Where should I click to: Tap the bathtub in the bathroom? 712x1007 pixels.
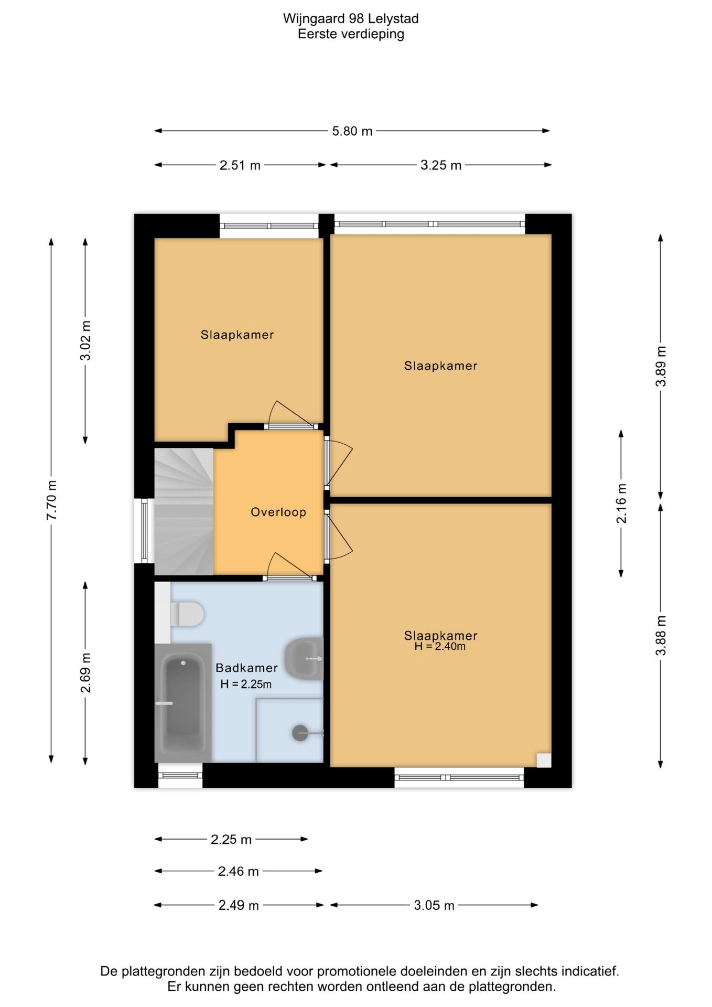(183, 703)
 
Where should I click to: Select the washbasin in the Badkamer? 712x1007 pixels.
(304, 659)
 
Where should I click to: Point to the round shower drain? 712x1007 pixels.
(300, 733)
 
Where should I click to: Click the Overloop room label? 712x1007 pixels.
(278, 512)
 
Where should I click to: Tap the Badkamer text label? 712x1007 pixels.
(246, 668)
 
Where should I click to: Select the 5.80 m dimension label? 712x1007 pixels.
(352, 131)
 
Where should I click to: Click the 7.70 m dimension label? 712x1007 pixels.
(51, 500)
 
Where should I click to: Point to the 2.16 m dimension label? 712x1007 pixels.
(621, 504)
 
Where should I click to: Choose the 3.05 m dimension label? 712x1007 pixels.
(434, 905)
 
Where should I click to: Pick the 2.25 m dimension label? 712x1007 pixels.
(231, 840)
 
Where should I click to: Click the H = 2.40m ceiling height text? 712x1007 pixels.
(440, 646)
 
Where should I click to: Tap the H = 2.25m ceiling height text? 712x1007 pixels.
(246, 684)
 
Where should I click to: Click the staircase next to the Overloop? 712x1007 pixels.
(184, 511)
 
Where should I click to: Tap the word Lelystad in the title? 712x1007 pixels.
(393, 19)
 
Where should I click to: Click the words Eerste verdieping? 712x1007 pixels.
(351, 34)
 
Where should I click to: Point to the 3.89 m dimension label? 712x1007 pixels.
(661, 366)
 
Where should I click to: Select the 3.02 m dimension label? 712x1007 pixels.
(85, 340)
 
